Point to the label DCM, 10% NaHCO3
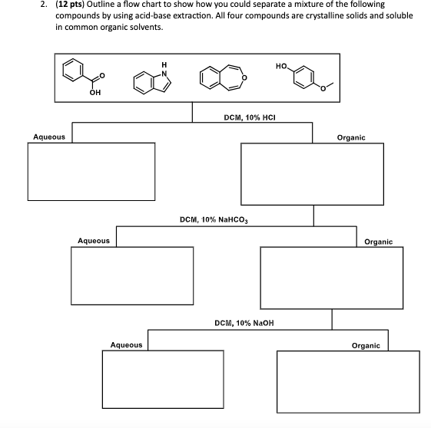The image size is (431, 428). [x=217, y=219]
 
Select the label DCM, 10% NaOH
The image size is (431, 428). [x=244, y=323]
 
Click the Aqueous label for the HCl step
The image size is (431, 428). [x=48, y=137]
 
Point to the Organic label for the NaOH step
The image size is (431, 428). [x=365, y=346]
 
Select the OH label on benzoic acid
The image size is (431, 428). [x=94, y=94]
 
